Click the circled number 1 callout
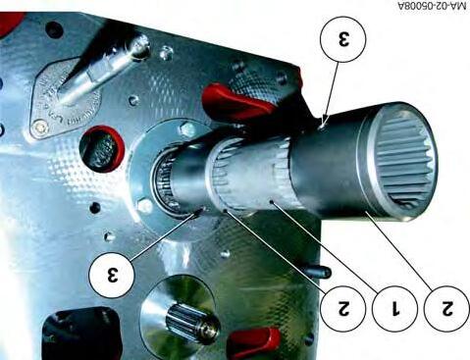pyautogui.click(x=394, y=308)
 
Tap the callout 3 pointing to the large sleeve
pyautogui.click(x=343, y=38)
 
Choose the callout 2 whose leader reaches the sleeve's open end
pyautogui.click(x=446, y=308)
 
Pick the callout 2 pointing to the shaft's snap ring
pyautogui.click(x=343, y=308)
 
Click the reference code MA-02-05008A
pyautogui.click(x=432, y=6)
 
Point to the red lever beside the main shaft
pyautogui.click(x=238, y=101)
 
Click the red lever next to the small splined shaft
pyautogui.click(x=254, y=342)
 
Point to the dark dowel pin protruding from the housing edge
pyautogui.click(x=317, y=272)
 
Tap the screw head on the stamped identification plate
pyautogui.click(x=39, y=126)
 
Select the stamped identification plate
pyautogui.click(x=65, y=98)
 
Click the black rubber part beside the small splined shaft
pyautogui.click(x=80, y=334)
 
